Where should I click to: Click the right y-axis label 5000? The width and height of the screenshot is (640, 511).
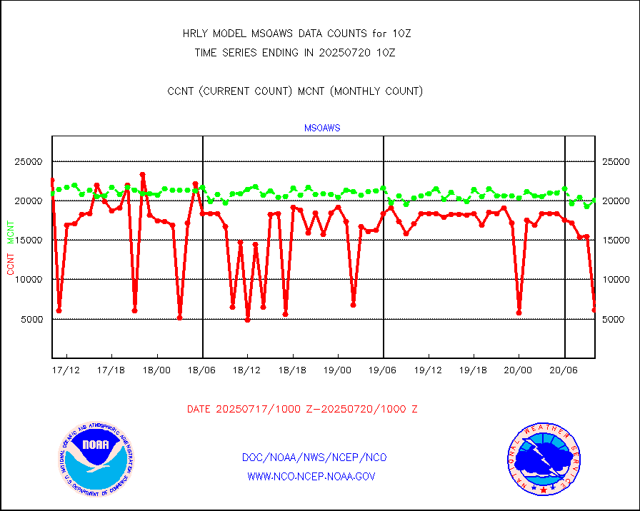coord(615,319)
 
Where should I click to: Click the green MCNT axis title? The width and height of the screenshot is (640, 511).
coord(11,232)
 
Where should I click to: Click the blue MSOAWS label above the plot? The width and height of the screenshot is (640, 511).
coord(322,128)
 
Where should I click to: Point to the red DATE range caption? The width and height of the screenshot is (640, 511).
coord(302,409)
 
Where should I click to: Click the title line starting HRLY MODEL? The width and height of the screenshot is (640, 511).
coord(297,34)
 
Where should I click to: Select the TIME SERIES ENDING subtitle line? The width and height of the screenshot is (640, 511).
coord(295,52)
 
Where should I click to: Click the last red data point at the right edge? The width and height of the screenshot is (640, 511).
coord(594,309)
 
